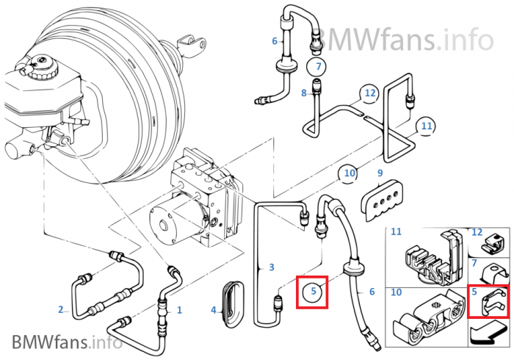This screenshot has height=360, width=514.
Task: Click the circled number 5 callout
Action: [x=313, y=292]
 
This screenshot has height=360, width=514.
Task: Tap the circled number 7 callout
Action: [x=318, y=67]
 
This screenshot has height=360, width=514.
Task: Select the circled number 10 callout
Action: [x=350, y=173]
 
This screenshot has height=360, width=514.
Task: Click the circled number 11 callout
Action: [x=427, y=126]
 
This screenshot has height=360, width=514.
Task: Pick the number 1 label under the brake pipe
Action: [x=179, y=311]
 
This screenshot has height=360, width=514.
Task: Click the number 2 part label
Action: [x=61, y=309]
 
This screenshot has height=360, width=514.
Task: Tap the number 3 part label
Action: [x=271, y=267]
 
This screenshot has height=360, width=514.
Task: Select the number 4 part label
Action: [x=214, y=311]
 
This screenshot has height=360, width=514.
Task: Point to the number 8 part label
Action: [x=303, y=93]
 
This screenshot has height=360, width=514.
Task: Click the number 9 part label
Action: [x=380, y=173]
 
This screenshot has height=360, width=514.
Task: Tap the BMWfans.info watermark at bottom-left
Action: [x=67, y=342]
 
